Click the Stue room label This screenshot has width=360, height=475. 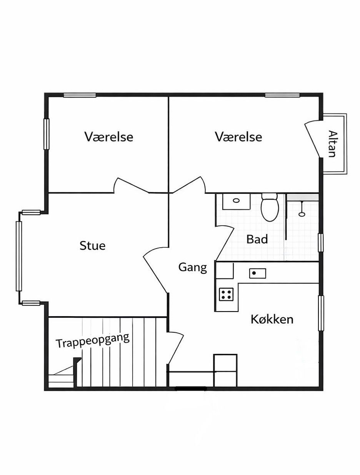coord(92,246)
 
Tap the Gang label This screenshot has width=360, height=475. coord(193,267)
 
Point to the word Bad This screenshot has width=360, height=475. coord(257,239)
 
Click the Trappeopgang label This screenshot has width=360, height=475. coord(93,340)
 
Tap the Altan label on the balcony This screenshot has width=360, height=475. coord(332,144)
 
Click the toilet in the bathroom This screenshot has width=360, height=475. coord(270,207)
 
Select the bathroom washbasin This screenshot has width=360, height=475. coord(236,202)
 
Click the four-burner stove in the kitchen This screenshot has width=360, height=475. coord(226,294)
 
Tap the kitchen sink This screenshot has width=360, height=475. coord(257,273)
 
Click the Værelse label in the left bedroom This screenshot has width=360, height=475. coord(108,137)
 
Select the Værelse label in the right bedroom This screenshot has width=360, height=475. coord(238,137)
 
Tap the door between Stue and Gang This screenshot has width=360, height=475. coord(156,270)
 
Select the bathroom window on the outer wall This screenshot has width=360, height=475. coord(321,243)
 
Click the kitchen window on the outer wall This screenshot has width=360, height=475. coord(321,313)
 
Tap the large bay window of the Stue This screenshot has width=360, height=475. coord(19,257)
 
